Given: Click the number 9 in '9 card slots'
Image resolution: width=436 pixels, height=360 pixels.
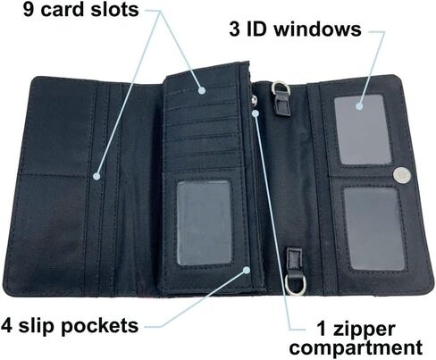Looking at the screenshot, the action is click(28, 10).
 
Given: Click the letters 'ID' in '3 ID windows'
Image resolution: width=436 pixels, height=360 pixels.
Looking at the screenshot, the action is click(256, 29).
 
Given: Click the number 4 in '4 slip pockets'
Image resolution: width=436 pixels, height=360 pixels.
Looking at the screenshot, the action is click(6, 326).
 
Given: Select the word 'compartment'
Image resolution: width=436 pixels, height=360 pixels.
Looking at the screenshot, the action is click(356, 347).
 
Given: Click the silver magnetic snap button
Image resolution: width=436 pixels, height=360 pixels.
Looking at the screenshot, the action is click(401, 175).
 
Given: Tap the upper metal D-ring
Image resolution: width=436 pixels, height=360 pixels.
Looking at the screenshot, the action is click(281, 88).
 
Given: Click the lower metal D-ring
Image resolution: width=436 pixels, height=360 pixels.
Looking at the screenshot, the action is click(295, 284).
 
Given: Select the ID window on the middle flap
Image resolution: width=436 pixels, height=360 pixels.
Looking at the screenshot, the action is click(204, 223).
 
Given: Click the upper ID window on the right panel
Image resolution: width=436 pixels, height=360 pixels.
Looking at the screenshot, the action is click(363, 130).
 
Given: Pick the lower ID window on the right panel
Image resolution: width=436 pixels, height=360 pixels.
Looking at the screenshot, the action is click(374, 229).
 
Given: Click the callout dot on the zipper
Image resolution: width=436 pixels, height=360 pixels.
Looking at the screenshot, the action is click(256, 113).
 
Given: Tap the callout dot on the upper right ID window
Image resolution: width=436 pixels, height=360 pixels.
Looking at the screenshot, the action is click(359, 105).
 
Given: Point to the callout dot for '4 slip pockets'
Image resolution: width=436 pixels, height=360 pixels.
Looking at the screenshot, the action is click(247, 270).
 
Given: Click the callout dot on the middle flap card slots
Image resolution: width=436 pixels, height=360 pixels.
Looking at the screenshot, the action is click(202, 90).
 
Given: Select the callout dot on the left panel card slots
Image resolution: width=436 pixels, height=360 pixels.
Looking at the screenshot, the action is click(96, 176).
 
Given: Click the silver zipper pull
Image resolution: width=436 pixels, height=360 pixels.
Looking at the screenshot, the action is click(254, 100).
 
